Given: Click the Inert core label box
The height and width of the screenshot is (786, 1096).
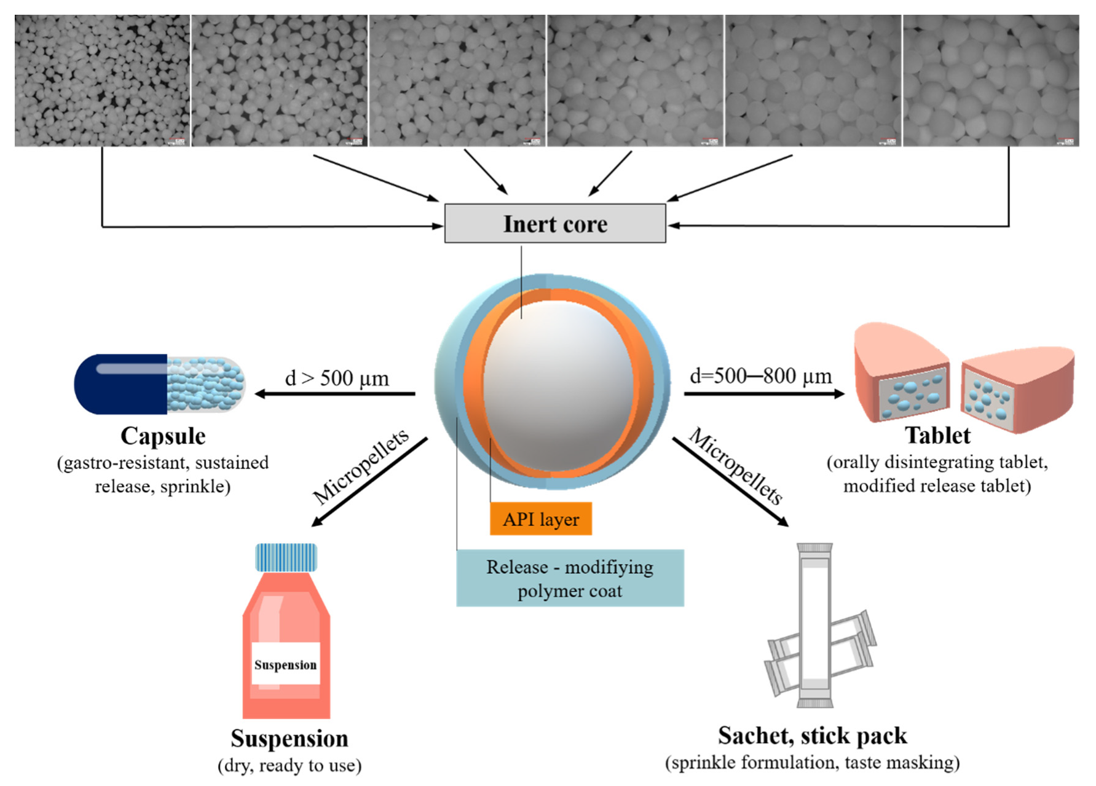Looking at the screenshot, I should [x=554, y=224].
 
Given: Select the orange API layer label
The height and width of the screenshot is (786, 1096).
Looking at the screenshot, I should [x=540, y=519].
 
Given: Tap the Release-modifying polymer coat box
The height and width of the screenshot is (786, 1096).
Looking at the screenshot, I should [x=569, y=578].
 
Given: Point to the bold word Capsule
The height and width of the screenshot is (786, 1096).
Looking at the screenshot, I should [x=163, y=436].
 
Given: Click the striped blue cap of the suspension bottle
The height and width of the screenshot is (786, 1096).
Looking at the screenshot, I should [x=286, y=557].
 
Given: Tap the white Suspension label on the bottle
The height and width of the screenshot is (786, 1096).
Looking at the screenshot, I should [x=285, y=664].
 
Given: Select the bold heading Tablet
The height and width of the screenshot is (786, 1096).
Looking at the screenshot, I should [x=937, y=435].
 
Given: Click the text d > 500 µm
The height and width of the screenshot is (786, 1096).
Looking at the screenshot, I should [x=337, y=378].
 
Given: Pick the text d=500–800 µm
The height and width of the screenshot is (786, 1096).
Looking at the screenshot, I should [x=761, y=375].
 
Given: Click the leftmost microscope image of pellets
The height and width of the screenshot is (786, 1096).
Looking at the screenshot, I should [x=102, y=81].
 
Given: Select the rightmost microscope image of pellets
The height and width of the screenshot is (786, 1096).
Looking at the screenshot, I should [x=990, y=81].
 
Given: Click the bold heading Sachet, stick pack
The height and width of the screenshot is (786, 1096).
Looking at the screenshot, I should [x=812, y=736].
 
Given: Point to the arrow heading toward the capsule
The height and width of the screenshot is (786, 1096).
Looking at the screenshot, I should [x=335, y=394].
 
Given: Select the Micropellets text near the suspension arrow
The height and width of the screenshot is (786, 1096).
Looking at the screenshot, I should [x=360, y=466].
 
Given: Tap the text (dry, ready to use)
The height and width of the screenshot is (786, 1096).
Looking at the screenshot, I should [x=290, y=766].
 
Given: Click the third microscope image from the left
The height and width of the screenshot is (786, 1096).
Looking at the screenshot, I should [x=457, y=81].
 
